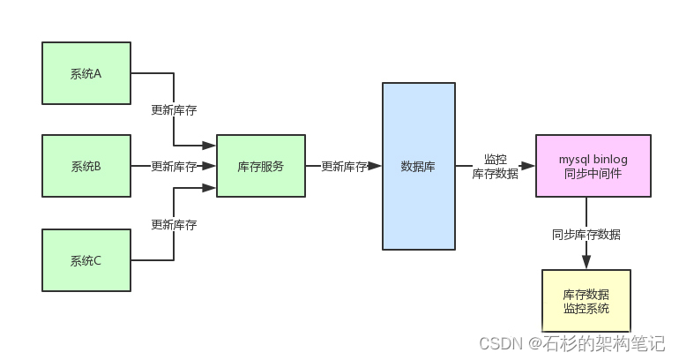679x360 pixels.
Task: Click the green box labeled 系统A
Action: click(x=86, y=73)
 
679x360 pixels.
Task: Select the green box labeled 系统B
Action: click(x=86, y=166)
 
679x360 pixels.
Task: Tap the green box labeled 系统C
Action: click(x=86, y=259)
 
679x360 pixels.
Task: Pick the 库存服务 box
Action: click(x=261, y=166)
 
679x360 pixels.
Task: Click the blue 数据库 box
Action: click(x=418, y=166)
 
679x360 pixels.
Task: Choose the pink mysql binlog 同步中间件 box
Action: click(x=593, y=166)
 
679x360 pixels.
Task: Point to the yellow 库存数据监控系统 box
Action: click(x=586, y=301)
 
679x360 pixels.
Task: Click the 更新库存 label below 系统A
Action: click(x=174, y=110)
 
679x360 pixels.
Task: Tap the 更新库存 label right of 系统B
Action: click(x=174, y=166)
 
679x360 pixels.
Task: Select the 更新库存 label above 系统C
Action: click(x=174, y=224)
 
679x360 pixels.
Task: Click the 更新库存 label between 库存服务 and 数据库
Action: click(x=344, y=166)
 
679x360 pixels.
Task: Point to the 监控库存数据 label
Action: click(x=495, y=167)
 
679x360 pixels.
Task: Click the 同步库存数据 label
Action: click(x=586, y=234)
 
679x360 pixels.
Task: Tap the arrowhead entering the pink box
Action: click(x=528, y=166)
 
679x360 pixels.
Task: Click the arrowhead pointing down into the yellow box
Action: click(x=586, y=262)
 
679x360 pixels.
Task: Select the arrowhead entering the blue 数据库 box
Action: click(x=375, y=166)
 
